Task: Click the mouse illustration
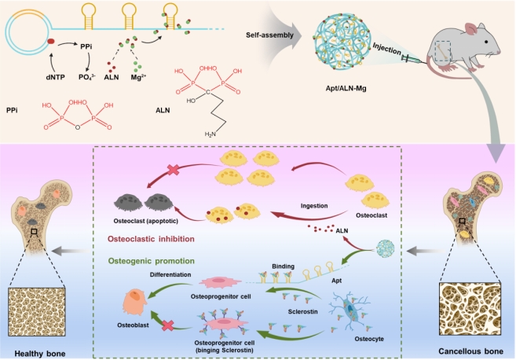[464, 44]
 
